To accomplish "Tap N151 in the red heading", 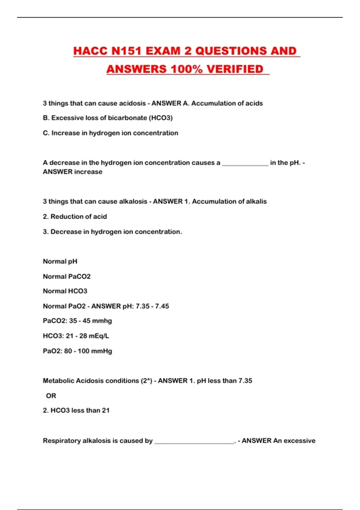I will (126, 51).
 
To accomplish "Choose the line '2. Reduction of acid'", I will (75, 217).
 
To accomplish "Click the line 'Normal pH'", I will (60, 261).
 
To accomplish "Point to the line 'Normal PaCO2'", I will (67, 276).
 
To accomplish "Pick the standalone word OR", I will (51, 396).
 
